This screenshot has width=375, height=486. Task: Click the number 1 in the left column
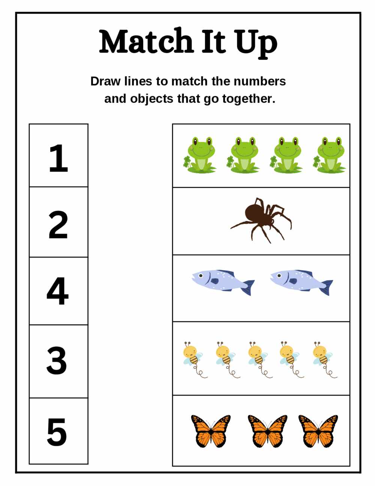coord(58,158)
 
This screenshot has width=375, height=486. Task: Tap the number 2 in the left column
coord(58,225)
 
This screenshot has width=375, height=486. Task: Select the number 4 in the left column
coord(58,291)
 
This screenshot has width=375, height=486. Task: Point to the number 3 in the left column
coord(57,360)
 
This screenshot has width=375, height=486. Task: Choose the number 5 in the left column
coord(57,432)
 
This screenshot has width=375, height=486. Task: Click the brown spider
coord(261,220)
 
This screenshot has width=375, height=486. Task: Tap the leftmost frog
coord(199,155)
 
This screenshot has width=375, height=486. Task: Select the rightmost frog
coord(329,155)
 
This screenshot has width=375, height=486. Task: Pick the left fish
coord(223,282)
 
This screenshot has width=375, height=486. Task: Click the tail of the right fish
coord(327,287)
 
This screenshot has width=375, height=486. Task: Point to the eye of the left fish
coord(201,276)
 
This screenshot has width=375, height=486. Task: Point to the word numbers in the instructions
coord(259,82)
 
